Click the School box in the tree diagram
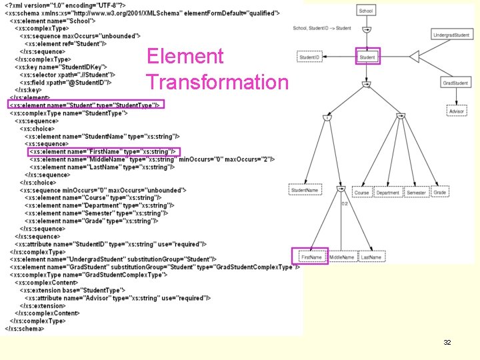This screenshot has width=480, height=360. [366, 11]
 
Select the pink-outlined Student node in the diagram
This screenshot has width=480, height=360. [367, 57]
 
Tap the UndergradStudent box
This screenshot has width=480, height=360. [451, 35]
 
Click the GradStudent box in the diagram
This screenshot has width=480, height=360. [455, 83]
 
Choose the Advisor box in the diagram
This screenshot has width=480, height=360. [456, 111]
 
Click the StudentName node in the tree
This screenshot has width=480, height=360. [304, 191]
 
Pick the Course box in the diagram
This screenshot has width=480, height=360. [361, 193]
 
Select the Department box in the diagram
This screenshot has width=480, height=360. [387, 193]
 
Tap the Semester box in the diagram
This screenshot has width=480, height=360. [416, 193]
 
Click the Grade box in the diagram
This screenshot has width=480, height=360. [439, 193]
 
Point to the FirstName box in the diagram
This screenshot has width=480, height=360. [311, 257]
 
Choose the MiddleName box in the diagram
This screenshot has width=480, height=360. [341, 257]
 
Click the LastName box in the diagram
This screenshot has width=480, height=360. [371, 257]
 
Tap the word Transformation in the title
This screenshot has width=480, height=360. [217, 82]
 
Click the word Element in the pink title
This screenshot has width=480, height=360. [185, 57]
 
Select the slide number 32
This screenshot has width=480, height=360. [447, 342]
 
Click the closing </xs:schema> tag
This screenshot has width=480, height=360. [25, 328]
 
